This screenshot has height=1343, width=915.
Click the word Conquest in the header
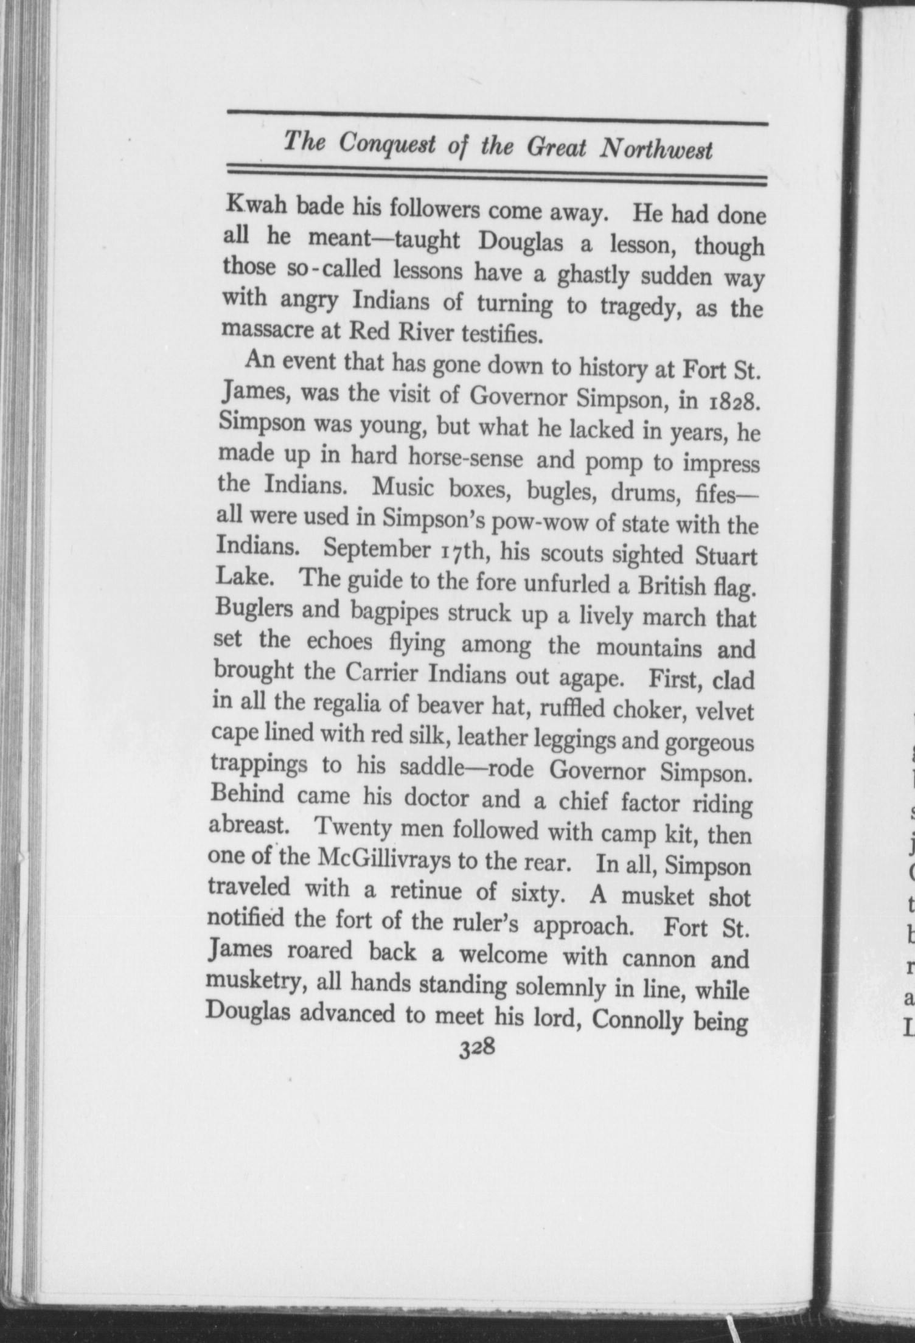click(x=385, y=144)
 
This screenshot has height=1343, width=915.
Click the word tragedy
click(x=640, y=305)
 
